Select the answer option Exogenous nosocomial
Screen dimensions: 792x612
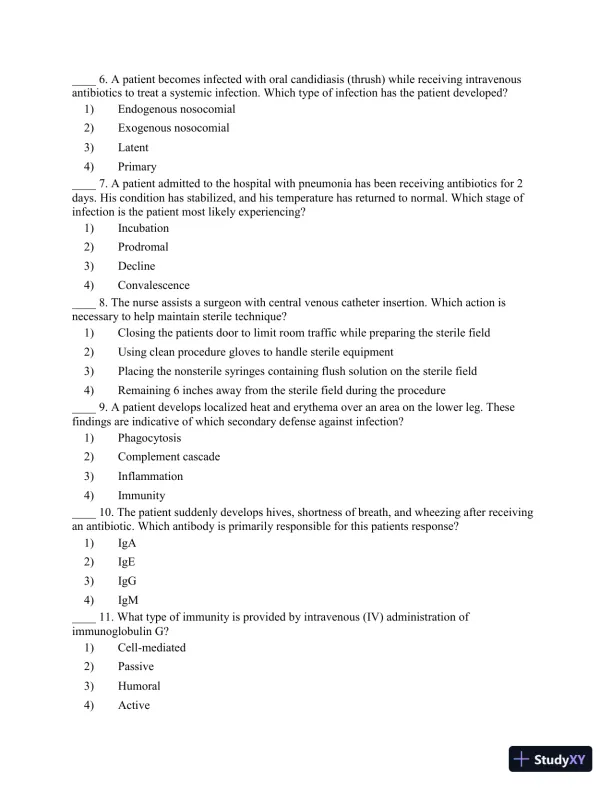click(x=173, y=128)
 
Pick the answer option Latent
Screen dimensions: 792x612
click(x=133, y=147)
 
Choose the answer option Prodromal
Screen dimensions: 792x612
click(x=143, y=247)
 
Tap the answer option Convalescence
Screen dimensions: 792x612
click(x=153, y=285)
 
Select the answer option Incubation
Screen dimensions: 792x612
click(x=143, y=228)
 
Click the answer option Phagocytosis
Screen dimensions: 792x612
click(x=148, y=438)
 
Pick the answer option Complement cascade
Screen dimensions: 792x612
click(x=168, y=457)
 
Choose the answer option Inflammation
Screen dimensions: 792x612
click(x=150, y=476)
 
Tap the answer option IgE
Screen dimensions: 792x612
click(x=127, y=562)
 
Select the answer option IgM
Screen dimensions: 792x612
click(x=127, y=600)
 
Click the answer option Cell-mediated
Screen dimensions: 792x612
click(x=151, y=648)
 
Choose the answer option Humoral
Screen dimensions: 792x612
click(x=139, y=686)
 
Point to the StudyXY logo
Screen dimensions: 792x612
click(x=548, y=759)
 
